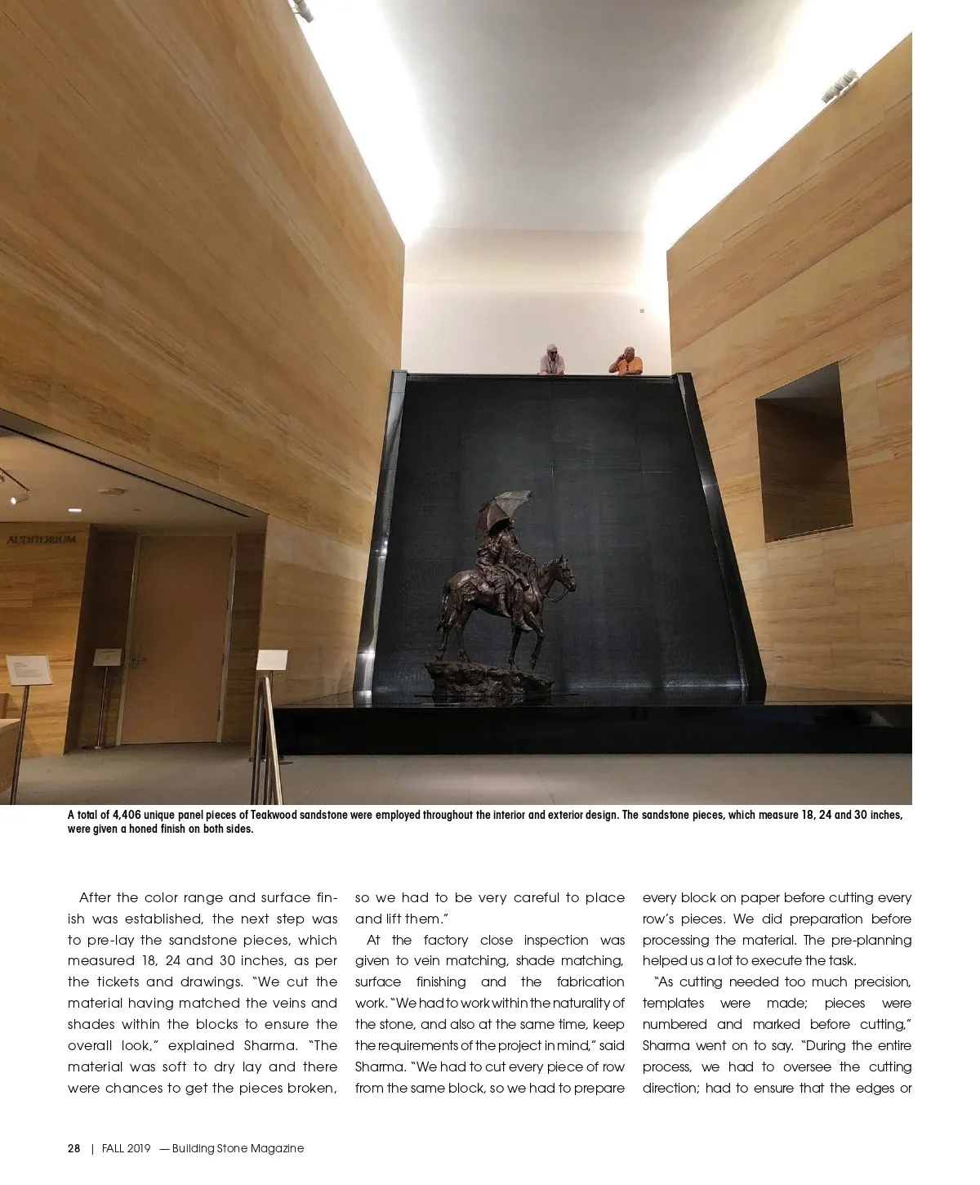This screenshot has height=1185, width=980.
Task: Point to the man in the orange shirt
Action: pos(626,361)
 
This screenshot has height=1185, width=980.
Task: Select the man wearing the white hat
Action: pos(552,360)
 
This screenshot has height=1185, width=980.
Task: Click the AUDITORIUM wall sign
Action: pos(41,540)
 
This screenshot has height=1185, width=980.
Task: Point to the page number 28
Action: pos(73,1148)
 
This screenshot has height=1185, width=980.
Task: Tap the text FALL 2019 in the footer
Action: pos(127,1148)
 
